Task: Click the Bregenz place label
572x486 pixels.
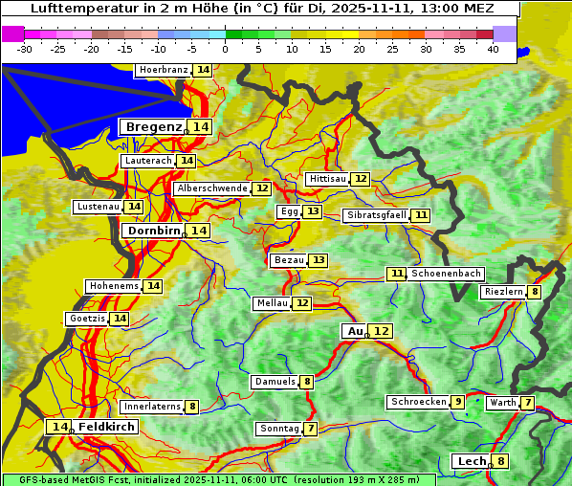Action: click(152, 127)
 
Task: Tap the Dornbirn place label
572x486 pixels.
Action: click(152, 231)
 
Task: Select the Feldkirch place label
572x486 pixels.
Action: click(107, 427)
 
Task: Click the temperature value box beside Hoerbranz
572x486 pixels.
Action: click(203, 70)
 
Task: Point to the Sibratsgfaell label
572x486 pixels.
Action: click(376, 215)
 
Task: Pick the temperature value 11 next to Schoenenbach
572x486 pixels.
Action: click(397, 274)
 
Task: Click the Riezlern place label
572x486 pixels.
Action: click(502, 292)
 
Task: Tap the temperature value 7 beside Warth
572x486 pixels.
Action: click(527, 403)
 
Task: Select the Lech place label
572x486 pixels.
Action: click(472, 461)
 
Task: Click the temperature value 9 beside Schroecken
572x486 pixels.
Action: click(458, 402)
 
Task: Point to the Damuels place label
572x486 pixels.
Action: click(274, 382)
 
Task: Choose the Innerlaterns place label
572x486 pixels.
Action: click(152, 407)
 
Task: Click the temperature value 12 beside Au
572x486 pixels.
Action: click(381, 331)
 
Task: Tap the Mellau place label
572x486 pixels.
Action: click(271, 303)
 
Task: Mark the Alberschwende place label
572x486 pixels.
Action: click(211, 188)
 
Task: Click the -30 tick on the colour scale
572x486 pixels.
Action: click(25, 48)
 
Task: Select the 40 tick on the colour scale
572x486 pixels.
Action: click(493, 48)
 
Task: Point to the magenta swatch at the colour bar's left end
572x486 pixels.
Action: click(13, 33)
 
